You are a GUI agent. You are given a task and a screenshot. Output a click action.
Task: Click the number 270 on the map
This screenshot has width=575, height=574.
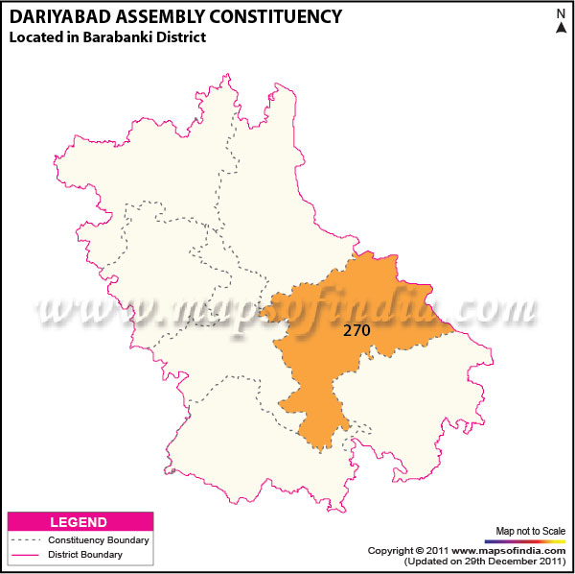click(356, 329)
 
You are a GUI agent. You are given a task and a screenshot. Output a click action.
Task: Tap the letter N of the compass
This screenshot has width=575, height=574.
click(560, 13)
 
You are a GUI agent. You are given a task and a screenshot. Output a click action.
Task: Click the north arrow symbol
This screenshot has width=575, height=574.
click(560, 28)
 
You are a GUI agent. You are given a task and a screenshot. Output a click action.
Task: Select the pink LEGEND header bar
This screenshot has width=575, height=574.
click(80, 522)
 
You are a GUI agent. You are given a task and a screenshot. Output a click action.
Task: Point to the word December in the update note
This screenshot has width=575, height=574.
click(510, 561)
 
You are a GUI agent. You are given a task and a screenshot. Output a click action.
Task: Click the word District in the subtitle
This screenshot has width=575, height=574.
click(183, 36)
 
